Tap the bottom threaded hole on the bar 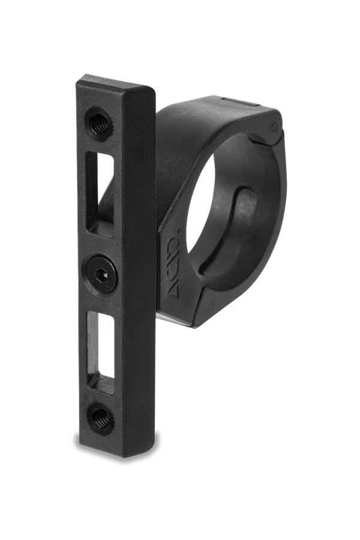(x=101, y=418)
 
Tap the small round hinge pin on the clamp (x=274, y=127)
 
